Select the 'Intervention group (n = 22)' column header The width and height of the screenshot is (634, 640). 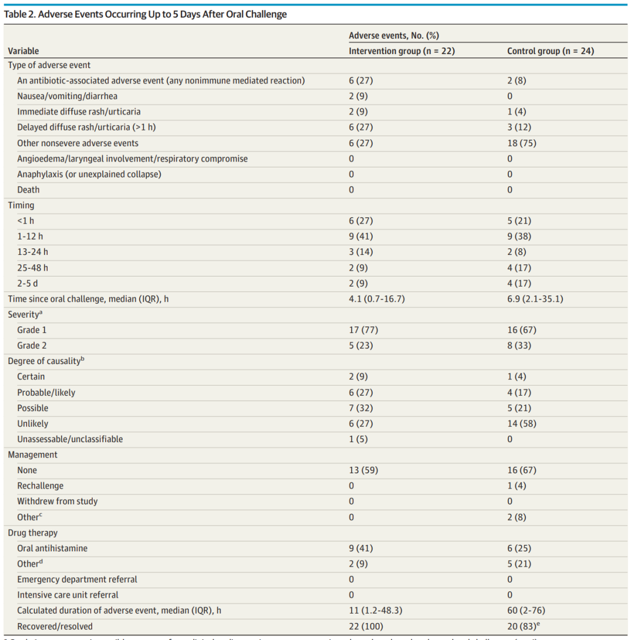[402, 51]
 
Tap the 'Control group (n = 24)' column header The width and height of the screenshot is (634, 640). [550, 51]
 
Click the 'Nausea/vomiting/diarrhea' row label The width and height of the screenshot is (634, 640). [71, 96]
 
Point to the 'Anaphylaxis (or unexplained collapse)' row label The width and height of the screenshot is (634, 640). [89, 174]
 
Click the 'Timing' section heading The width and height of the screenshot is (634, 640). [21, 206]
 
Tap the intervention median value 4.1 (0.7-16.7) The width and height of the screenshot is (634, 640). [376, 299]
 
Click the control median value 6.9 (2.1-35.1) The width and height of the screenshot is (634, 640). [534, 299]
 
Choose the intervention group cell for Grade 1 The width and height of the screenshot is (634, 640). [361, 330]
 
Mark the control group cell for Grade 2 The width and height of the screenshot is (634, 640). [520, 346]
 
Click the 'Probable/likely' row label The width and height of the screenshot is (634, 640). [46, 392]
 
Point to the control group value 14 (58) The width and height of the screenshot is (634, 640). [521, 423]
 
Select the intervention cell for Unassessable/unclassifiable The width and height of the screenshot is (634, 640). [359, 439]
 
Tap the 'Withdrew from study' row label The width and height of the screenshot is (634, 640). [58, 501]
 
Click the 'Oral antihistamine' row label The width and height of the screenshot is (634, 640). [52, 548]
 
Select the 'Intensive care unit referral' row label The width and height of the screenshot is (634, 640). [68, 595]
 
